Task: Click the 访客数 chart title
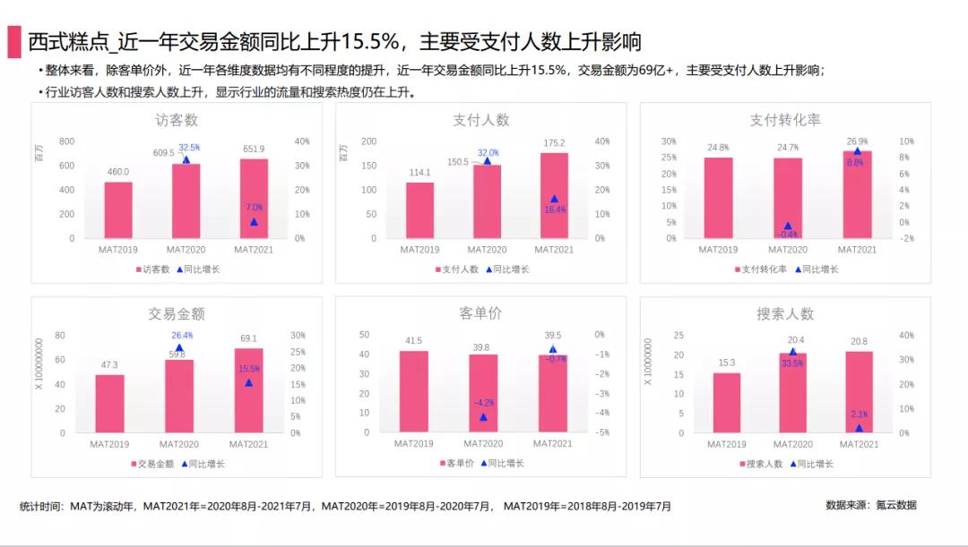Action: tap(177, 120)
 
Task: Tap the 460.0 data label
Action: tap(118, 172)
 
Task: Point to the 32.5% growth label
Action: tap(189, 147)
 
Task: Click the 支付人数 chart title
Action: tap(480, 120)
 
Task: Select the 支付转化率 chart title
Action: tap(785, 120)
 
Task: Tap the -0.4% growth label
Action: tap(788, 235)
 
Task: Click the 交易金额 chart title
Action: tap(177, 314)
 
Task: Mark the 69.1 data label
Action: tap(248, 338)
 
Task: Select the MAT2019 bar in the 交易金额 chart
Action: tap(110, 403)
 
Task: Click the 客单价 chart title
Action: tap(480, 314)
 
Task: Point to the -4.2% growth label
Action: tap(483, 402)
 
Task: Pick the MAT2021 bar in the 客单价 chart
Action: tap(553, 394)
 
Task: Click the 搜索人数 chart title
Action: tap(785, 314)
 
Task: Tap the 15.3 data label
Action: tap(727, 363)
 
